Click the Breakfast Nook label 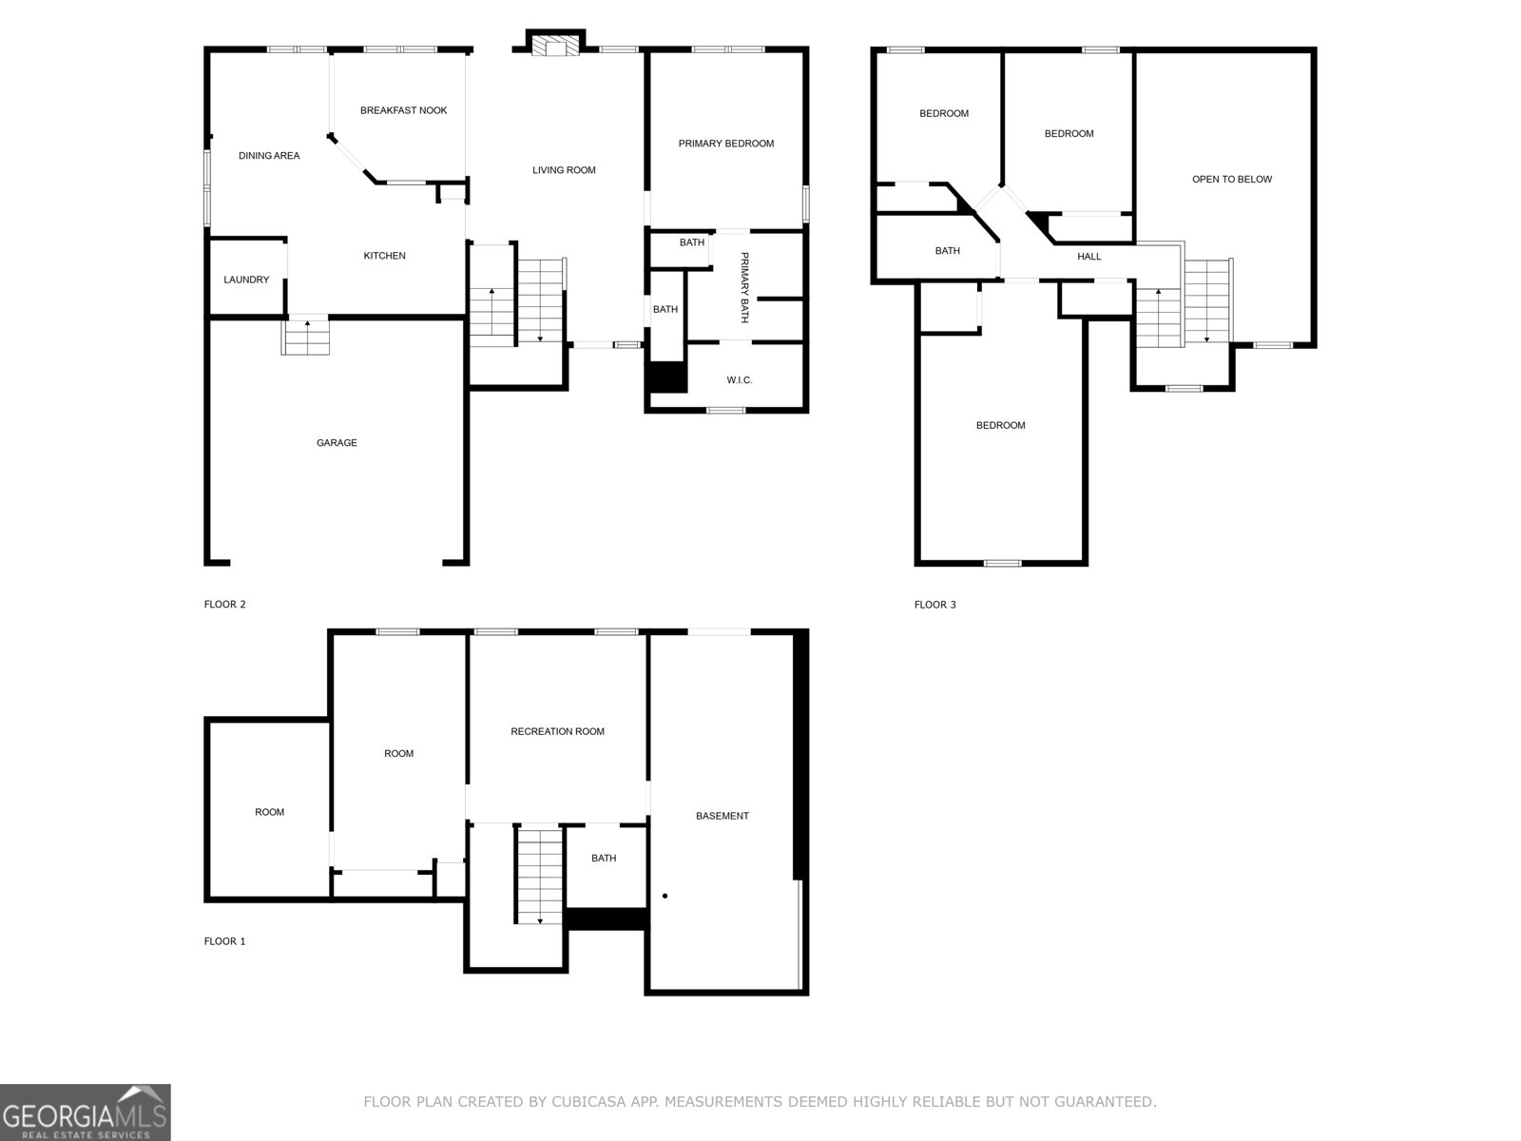click(403, 110)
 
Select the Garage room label click(337, 442)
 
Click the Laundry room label click(246, 280)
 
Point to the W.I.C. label click(739, 380)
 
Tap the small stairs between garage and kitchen click(305, 337)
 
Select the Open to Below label click(1231, 179)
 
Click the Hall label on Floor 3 click(1088, 257)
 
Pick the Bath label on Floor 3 click(947, 251)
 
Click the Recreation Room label click(557, 731)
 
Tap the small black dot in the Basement click(664, 896)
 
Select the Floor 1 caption click(224, 941)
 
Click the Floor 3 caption click(934, 604)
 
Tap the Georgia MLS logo click(86, 1112)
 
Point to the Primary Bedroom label click(725, 144)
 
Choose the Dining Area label click(269, 156)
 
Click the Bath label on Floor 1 click(604, 858)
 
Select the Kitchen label click(384, 256)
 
